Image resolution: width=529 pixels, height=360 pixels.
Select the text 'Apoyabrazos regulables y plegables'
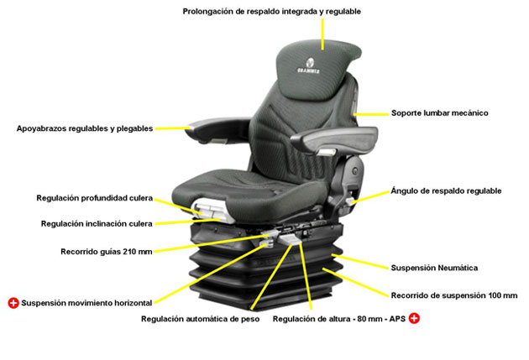85,129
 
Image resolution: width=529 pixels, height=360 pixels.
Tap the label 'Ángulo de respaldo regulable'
446,191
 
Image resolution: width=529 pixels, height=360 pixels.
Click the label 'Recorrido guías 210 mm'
106,251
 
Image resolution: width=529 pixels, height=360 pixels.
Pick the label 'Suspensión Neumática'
434,269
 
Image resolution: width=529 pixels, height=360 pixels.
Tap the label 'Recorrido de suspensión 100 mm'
453,295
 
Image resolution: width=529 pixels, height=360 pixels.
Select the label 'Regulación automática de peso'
201,320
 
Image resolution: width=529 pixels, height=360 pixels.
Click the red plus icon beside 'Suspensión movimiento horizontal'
13,302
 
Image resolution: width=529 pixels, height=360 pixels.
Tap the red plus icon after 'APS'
414,319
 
